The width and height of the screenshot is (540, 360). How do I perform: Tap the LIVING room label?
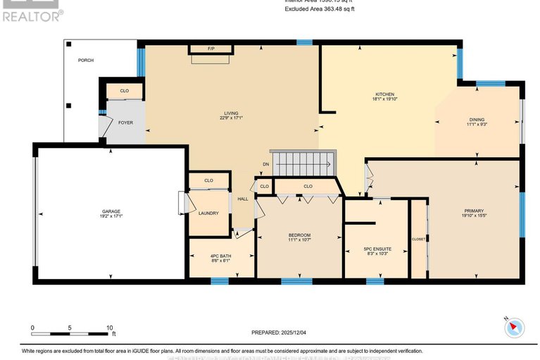(231, 113)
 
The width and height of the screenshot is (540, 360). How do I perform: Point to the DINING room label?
(477, 120)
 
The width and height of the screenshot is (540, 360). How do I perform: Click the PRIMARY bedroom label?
(473, 211)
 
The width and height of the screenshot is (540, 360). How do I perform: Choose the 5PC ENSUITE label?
(375, 249)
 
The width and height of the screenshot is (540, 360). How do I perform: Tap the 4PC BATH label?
(220, 256)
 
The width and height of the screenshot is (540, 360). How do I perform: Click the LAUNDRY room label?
(208, 213)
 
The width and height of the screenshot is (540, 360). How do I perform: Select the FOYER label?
(125, 123)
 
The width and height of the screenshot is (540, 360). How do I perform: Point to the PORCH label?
(85, 60)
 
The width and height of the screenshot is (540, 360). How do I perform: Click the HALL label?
(242, 199)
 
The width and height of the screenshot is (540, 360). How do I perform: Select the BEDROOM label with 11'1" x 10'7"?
(299, 236)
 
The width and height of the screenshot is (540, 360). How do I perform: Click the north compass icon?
(515, 326)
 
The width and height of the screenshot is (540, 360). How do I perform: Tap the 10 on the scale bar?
(109, 328)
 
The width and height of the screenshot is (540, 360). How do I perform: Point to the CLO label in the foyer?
(124, 91)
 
